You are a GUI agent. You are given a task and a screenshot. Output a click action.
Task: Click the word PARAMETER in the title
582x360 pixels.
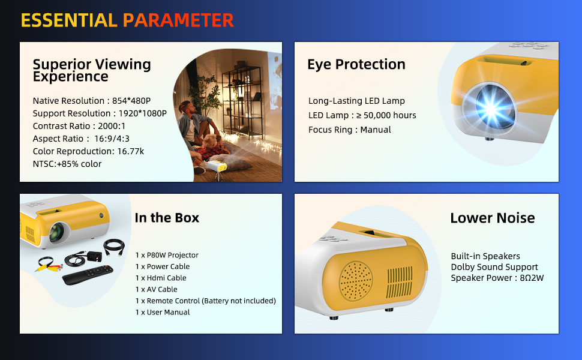coord(178,20)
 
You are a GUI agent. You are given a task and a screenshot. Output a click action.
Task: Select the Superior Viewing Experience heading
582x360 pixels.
coord(92,70)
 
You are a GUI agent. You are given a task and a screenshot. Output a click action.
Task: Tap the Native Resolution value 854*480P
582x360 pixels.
coord(131,101)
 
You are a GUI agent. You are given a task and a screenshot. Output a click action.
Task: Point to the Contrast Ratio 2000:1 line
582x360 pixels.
coord(79,126)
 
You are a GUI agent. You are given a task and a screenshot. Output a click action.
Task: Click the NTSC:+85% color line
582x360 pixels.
coord(67,164)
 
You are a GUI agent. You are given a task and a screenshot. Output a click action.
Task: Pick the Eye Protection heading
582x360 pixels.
coord(356,64)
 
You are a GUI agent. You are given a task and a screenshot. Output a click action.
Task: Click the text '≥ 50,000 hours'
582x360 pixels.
coord(386,115)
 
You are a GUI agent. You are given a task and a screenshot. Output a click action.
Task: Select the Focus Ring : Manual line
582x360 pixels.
coord(350,130)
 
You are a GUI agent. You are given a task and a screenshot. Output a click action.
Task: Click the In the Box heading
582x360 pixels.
coord(167,217)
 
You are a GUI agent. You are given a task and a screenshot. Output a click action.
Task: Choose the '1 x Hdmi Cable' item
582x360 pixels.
coord(161,278)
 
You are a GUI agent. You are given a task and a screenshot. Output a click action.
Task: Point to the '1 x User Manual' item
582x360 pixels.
coord(163,312)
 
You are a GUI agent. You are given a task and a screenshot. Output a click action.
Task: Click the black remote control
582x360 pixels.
coord(88,275)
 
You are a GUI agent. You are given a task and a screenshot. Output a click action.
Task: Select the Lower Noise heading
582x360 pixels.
coord(493,218)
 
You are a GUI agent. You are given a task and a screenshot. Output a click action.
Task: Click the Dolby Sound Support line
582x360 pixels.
coord(494,267)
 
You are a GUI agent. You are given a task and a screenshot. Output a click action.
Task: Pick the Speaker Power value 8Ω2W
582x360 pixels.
coord(532,278)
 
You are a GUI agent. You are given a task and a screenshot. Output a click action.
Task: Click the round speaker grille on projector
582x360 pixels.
coord(356,281)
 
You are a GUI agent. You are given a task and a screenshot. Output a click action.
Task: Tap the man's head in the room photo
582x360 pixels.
coord(187,107)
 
